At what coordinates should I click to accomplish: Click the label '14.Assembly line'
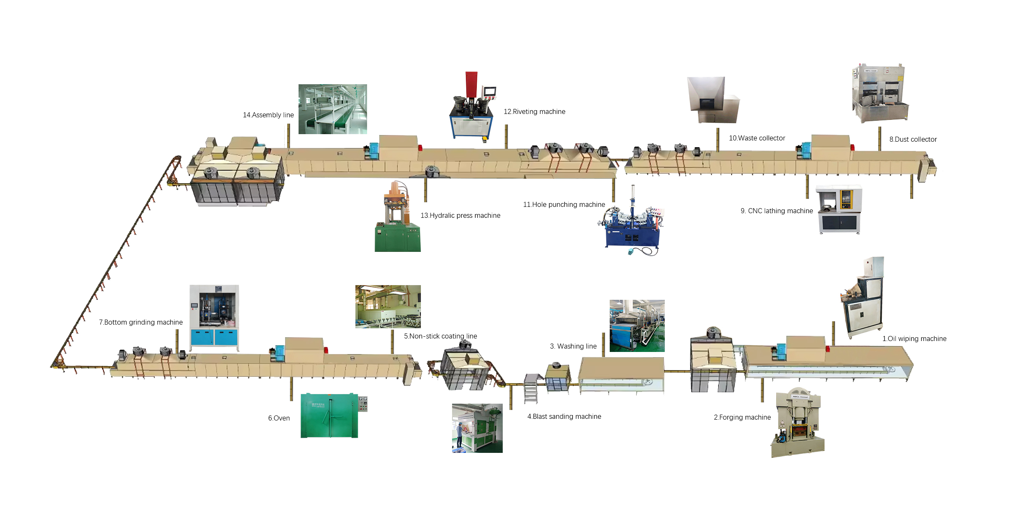268,115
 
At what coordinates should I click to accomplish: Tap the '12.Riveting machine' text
534,112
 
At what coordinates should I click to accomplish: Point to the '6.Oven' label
279,418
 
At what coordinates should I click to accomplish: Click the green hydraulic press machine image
397,217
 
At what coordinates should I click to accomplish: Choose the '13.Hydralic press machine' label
460,216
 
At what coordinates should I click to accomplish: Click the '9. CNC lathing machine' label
777,211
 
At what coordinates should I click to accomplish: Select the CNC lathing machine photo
839,209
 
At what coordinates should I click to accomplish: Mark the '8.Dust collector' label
913,140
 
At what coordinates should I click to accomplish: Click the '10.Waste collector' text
757,138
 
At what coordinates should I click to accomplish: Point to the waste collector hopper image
713,100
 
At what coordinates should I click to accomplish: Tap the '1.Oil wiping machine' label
914,339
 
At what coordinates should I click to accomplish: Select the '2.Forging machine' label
742,418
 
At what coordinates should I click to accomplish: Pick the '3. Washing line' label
573,346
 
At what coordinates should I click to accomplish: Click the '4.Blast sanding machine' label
564,417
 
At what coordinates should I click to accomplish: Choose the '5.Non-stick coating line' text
440,336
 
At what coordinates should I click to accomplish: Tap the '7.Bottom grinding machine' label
141,323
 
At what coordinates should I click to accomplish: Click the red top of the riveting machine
471,85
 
